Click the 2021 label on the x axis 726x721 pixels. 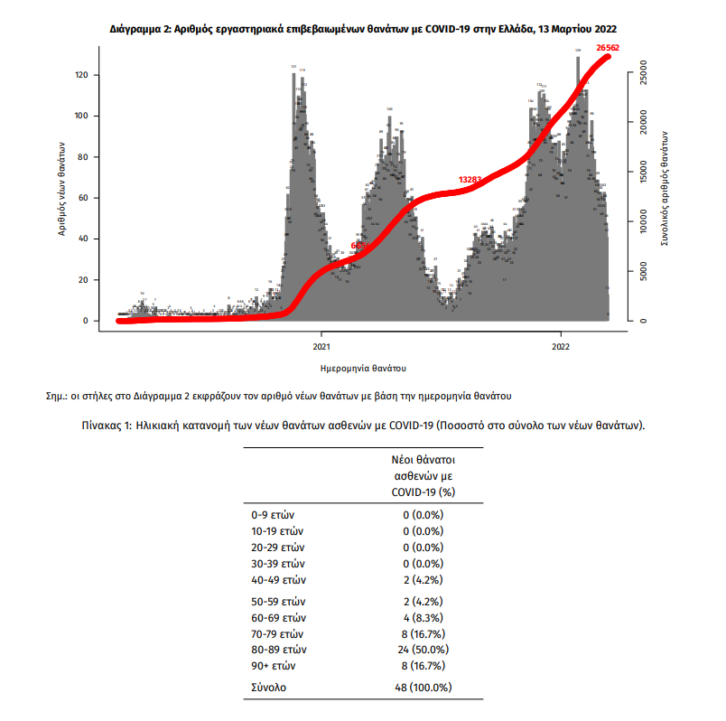[321, 346]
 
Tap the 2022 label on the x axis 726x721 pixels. [560, 346]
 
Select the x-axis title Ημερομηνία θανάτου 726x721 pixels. [362, 369]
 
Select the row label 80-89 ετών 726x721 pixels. [280, 649]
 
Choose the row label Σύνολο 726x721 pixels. [268, 688]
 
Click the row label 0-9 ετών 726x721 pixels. [275, 515]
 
